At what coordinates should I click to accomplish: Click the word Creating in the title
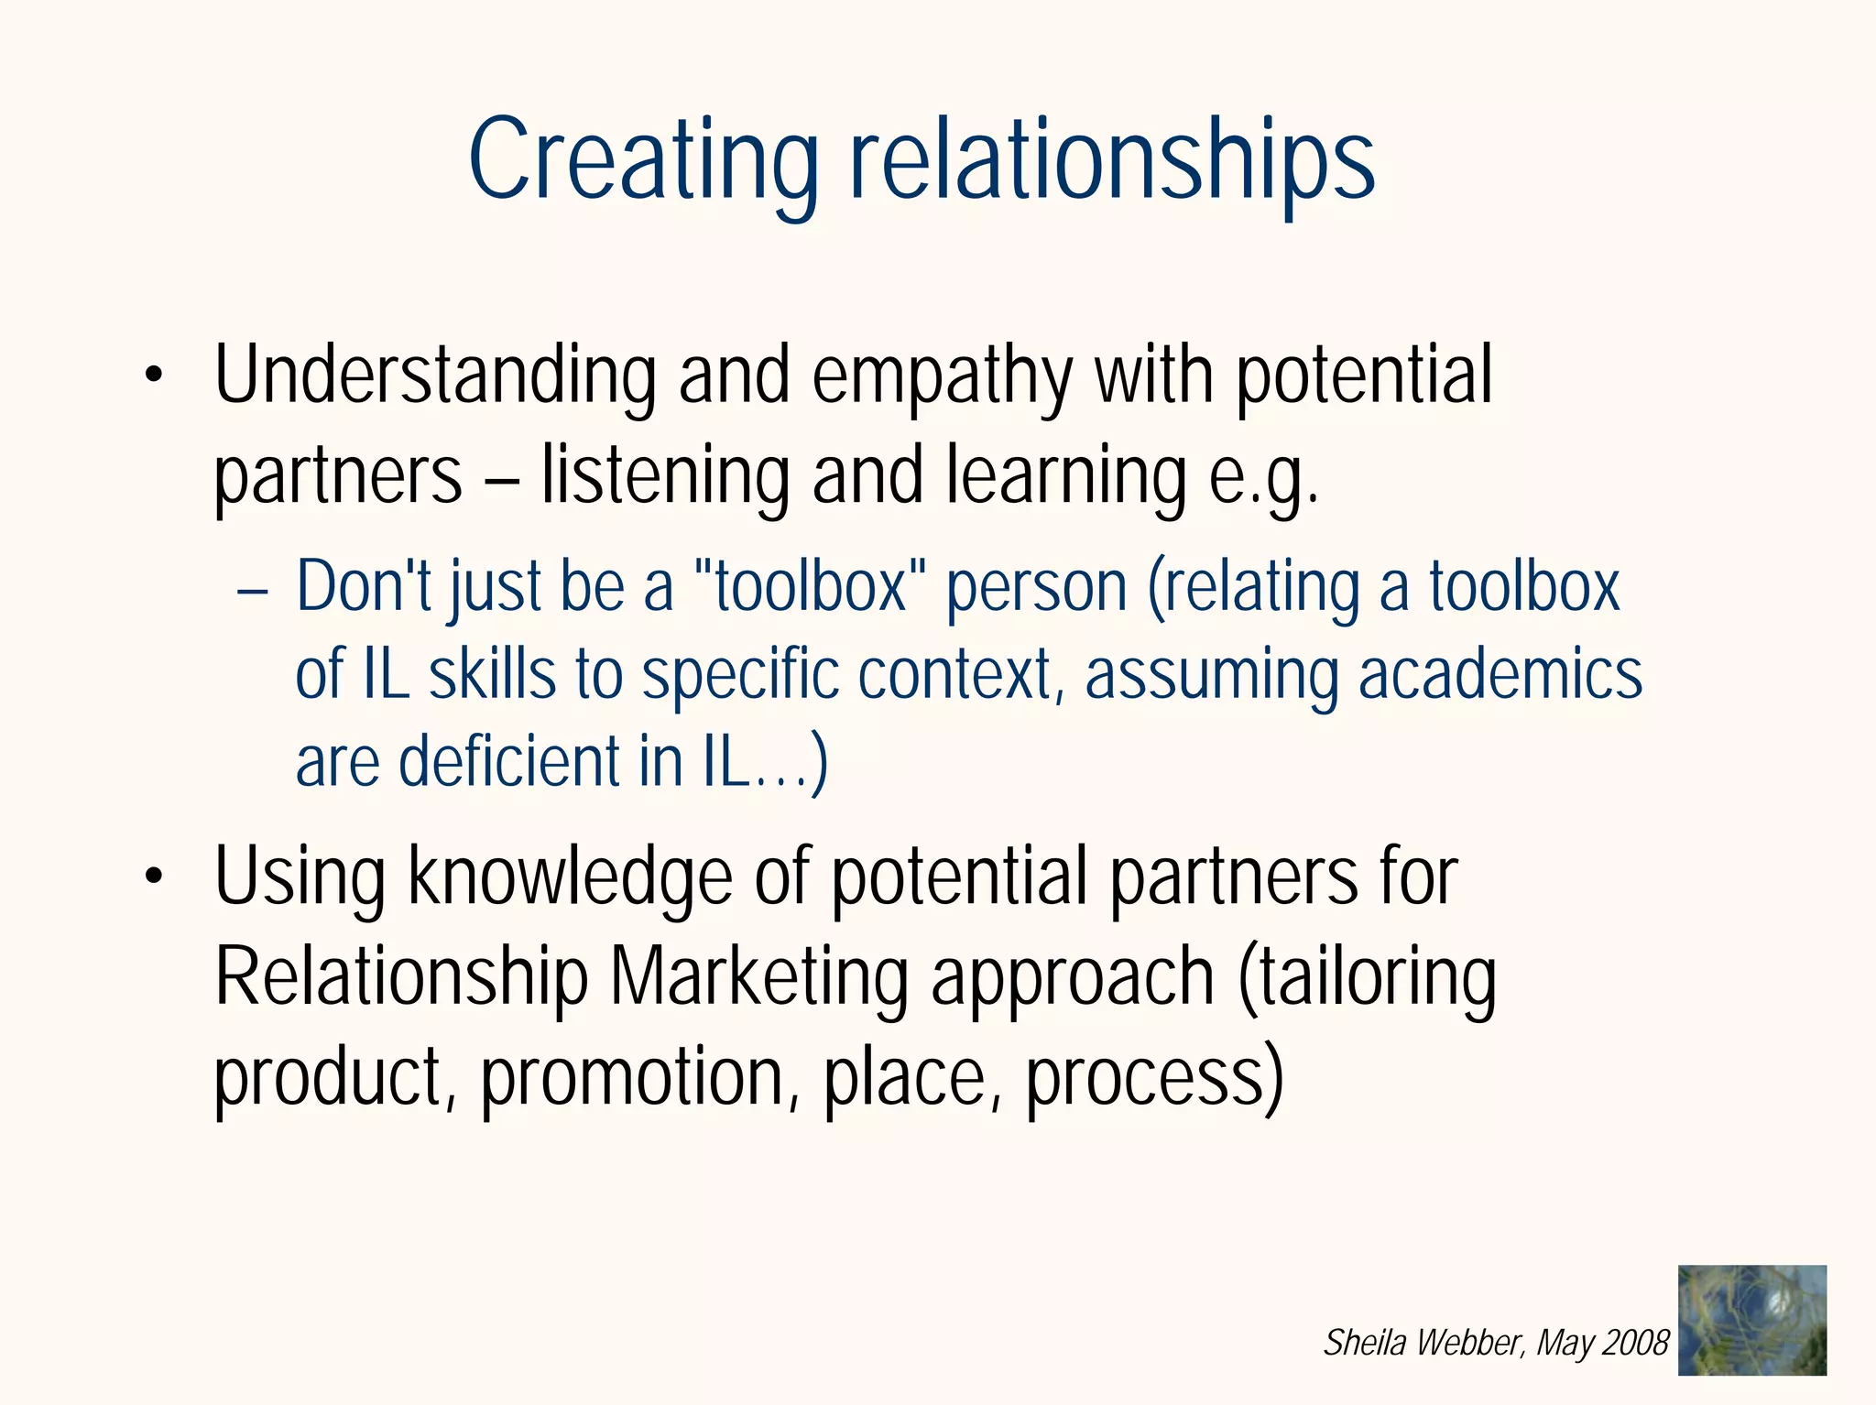(x=643, y=160)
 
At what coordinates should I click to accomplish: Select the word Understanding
(x=435, y=376)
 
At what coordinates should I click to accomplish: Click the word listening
(x=665, y=475)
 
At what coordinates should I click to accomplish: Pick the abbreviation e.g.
(x=1264, y=477)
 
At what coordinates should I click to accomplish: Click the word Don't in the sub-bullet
(x=363, y=585)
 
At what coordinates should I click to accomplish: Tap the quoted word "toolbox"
(x=810, y=585)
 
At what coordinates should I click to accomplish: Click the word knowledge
(x=570, y=877)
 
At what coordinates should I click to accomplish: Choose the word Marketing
(x=759, y=976)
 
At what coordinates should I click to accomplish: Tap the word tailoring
(x=1367, y=976)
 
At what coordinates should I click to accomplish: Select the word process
(x=1154, y=1079)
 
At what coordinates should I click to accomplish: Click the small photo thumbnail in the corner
(x=1751, y=1320)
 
